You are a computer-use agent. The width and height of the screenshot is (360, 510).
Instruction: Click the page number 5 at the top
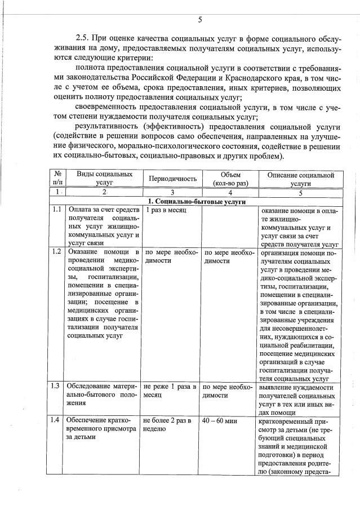[x=200, y=21]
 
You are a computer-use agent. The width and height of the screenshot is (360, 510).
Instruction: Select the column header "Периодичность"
[x=172, y=179]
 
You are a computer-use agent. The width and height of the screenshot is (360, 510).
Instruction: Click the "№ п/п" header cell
[x=57, y=179]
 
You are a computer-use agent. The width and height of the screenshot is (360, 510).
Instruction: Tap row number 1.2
[x=56, y=251]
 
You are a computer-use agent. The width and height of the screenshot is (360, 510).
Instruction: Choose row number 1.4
[x=56, y=420]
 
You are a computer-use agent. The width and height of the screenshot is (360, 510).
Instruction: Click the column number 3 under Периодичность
[x=172, y=193]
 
